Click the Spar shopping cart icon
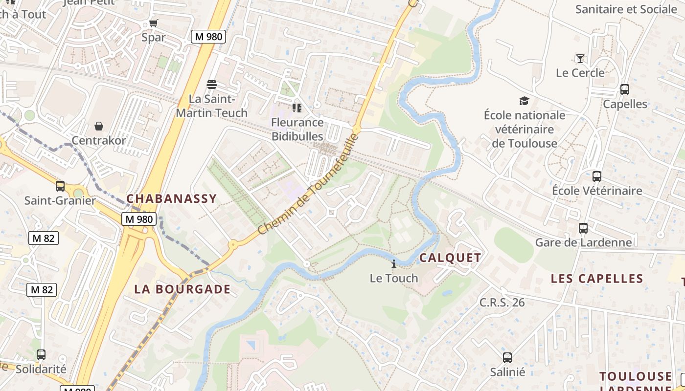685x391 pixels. tap(154, 23)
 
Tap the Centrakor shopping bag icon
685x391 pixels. tap(99, 126)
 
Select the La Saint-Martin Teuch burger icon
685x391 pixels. tap(212, 85)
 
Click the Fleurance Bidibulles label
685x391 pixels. tap(297, 129)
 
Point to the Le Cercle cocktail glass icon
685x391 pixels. tap(580, 59)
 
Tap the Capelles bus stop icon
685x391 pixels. tap(625, 89)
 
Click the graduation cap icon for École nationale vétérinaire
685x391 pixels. tap(524, 101)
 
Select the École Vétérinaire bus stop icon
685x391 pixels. tap(597, 176)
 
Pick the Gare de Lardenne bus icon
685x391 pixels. tap(583, 228)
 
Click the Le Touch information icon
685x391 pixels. tap(394, 264)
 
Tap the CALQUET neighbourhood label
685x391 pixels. tap(450, 258)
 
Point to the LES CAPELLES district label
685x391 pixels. tap(597, 279)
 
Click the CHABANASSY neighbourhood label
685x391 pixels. tap(171, 198)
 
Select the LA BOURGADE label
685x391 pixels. tap(183, 289)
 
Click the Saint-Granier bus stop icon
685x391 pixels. tap(60, 186)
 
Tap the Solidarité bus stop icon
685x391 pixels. tap(41, 355)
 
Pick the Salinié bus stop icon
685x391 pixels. tap(507, 358)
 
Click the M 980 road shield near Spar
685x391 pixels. tap(208, 36)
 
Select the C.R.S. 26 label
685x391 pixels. tap(502, 303)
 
